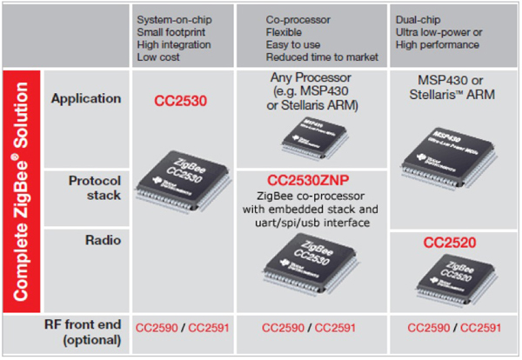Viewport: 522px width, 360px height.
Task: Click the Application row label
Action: click(86, 98)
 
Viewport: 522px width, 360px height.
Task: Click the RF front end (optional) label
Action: click(84, 334)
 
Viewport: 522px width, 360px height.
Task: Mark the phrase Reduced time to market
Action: click(322, 57)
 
